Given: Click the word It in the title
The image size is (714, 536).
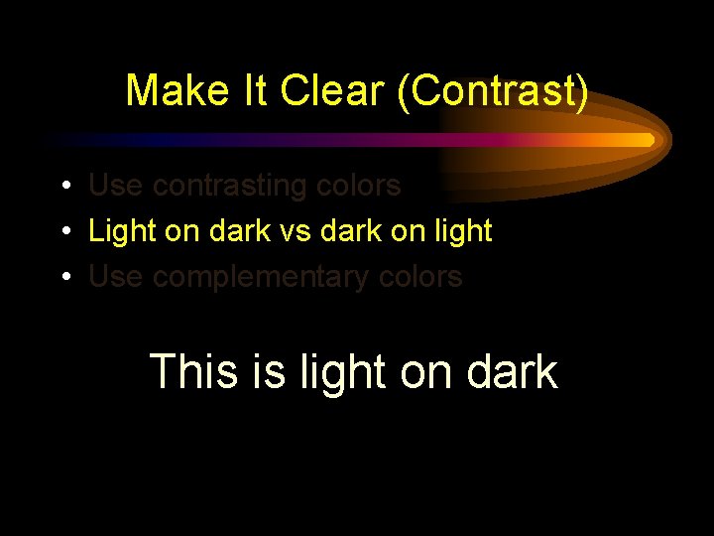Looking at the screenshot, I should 257,90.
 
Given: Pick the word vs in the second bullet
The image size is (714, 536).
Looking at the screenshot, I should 288,231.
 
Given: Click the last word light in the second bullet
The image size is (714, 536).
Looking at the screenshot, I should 463,231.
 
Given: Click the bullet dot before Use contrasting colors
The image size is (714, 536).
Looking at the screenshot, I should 62,187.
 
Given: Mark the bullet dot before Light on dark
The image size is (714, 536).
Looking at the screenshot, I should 62,232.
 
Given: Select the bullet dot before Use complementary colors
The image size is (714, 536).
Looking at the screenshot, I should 62,278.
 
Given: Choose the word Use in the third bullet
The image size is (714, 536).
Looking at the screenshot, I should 115,277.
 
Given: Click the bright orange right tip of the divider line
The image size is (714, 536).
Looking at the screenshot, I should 647,140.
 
